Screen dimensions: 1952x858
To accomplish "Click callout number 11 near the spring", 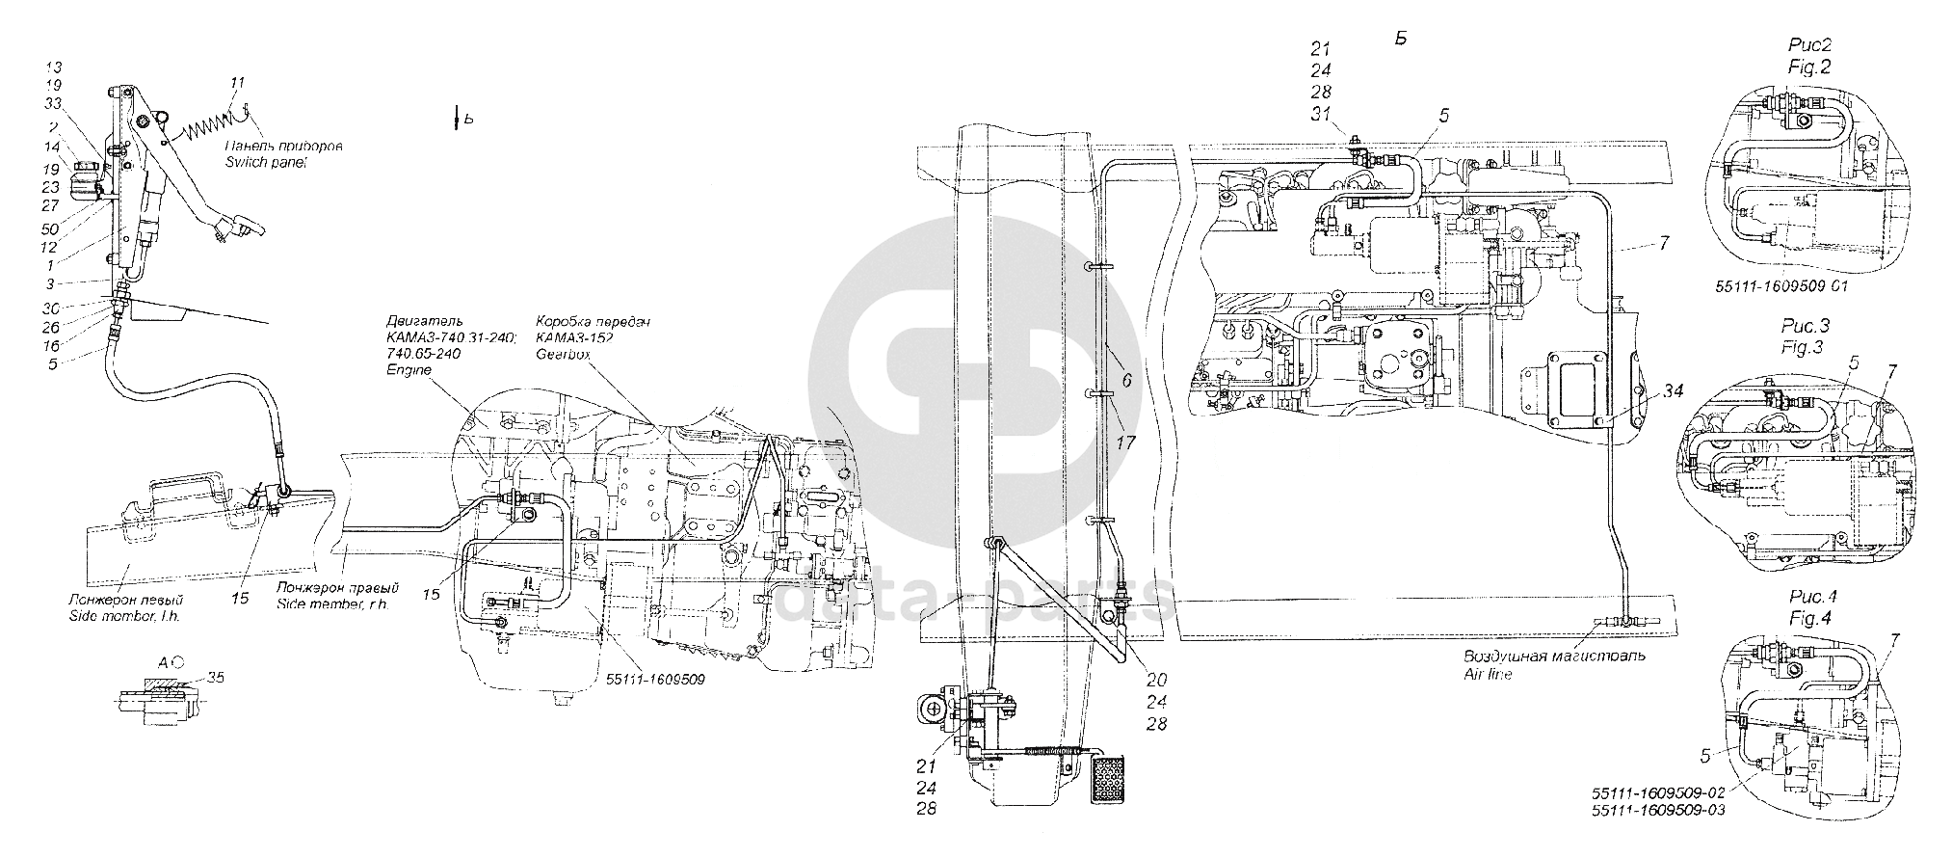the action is tap(238, 83).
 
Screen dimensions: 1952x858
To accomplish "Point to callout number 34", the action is tap(1674, 390).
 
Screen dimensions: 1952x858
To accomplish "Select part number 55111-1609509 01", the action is tap(1770, 286).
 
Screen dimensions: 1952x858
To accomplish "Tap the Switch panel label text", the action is tap(266, 164).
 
